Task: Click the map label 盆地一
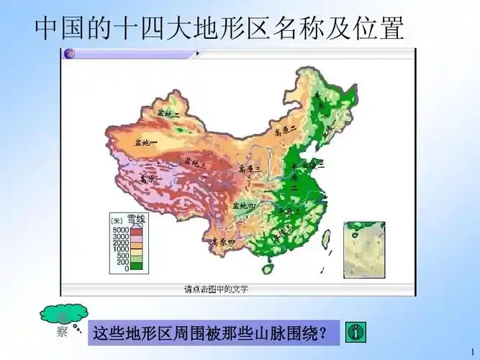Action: click(x=147, y=143)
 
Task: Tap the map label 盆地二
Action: click(x=168, y=113)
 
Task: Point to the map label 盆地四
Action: click(x=244, y=206)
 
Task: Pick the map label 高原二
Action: click(x=286, y=130)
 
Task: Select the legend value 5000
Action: click(x=119, y=230)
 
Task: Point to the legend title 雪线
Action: click(x=135, y=219)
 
